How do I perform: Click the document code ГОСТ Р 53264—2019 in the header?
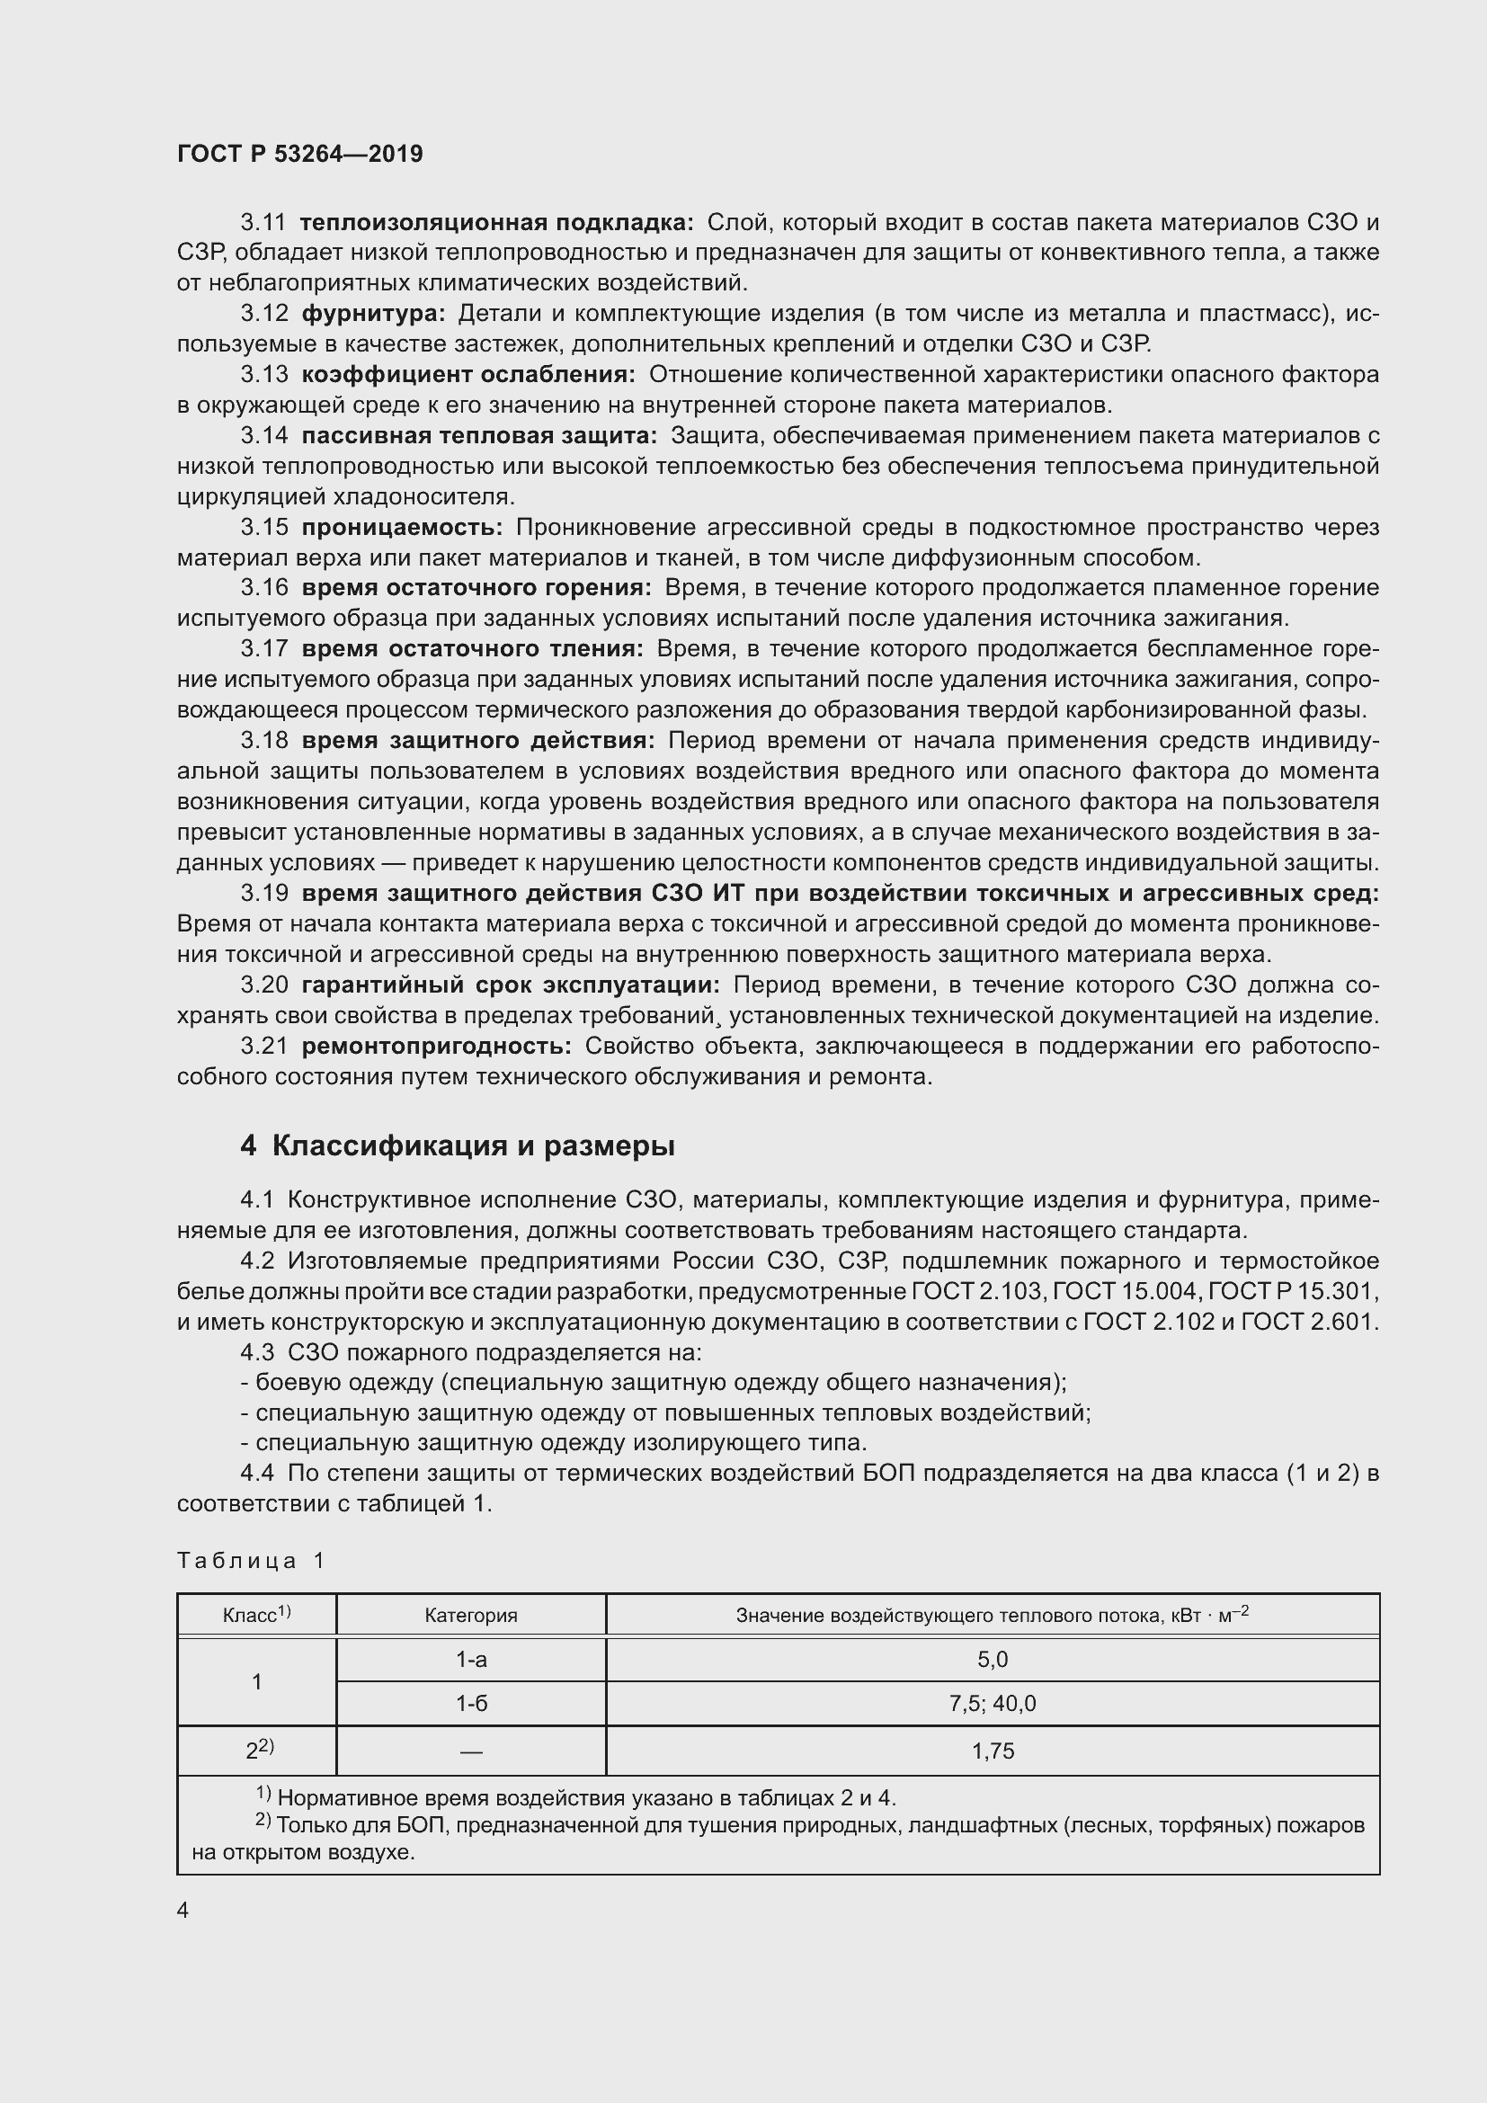[x=299, y=154]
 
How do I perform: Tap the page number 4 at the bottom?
[x=183, y=1910]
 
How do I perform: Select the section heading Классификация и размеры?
[x=473, y=1145]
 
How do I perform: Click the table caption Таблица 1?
[x=251, y=1561]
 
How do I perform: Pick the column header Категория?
[x=470, y=1616]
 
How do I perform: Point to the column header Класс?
[x=255, y=1615]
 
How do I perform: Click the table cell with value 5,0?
[x=993, y=1660]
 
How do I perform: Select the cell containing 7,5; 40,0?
[x=993, y=1704]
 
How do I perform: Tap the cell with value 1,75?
[x=993, y=1751]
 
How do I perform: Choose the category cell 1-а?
[x=470, y=1660]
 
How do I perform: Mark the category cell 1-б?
[x=470, y=1704]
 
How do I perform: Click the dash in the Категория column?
[x=470, y=1752]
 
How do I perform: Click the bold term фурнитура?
[x=373, y=314]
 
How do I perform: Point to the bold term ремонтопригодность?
[x=436, y=1046]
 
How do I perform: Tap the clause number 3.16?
[x=263, y=588]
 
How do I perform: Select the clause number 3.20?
[x=263, y=985]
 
